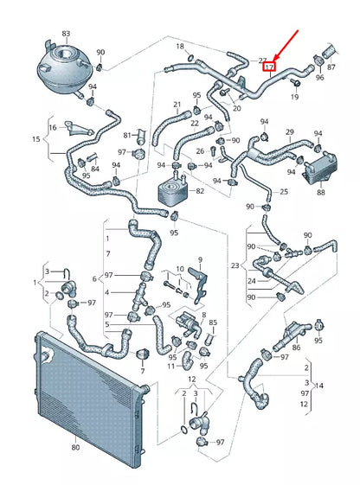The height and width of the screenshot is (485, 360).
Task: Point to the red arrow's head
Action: coord(276,58)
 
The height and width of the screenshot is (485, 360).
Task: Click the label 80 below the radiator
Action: coord(74,447)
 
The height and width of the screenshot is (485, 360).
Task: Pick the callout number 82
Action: coord(201,190)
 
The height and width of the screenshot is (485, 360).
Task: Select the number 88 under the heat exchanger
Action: coord(320,192)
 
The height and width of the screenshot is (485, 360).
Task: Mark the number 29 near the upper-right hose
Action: coord(291,131)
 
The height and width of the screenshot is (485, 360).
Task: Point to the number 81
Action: coord(126,136)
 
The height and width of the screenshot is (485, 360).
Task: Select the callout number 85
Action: coord(213,322)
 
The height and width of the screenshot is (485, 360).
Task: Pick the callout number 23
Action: coord(234,266)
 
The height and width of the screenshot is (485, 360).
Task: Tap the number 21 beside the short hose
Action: coord(177,105)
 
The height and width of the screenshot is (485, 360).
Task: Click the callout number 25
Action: coord(283,190)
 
